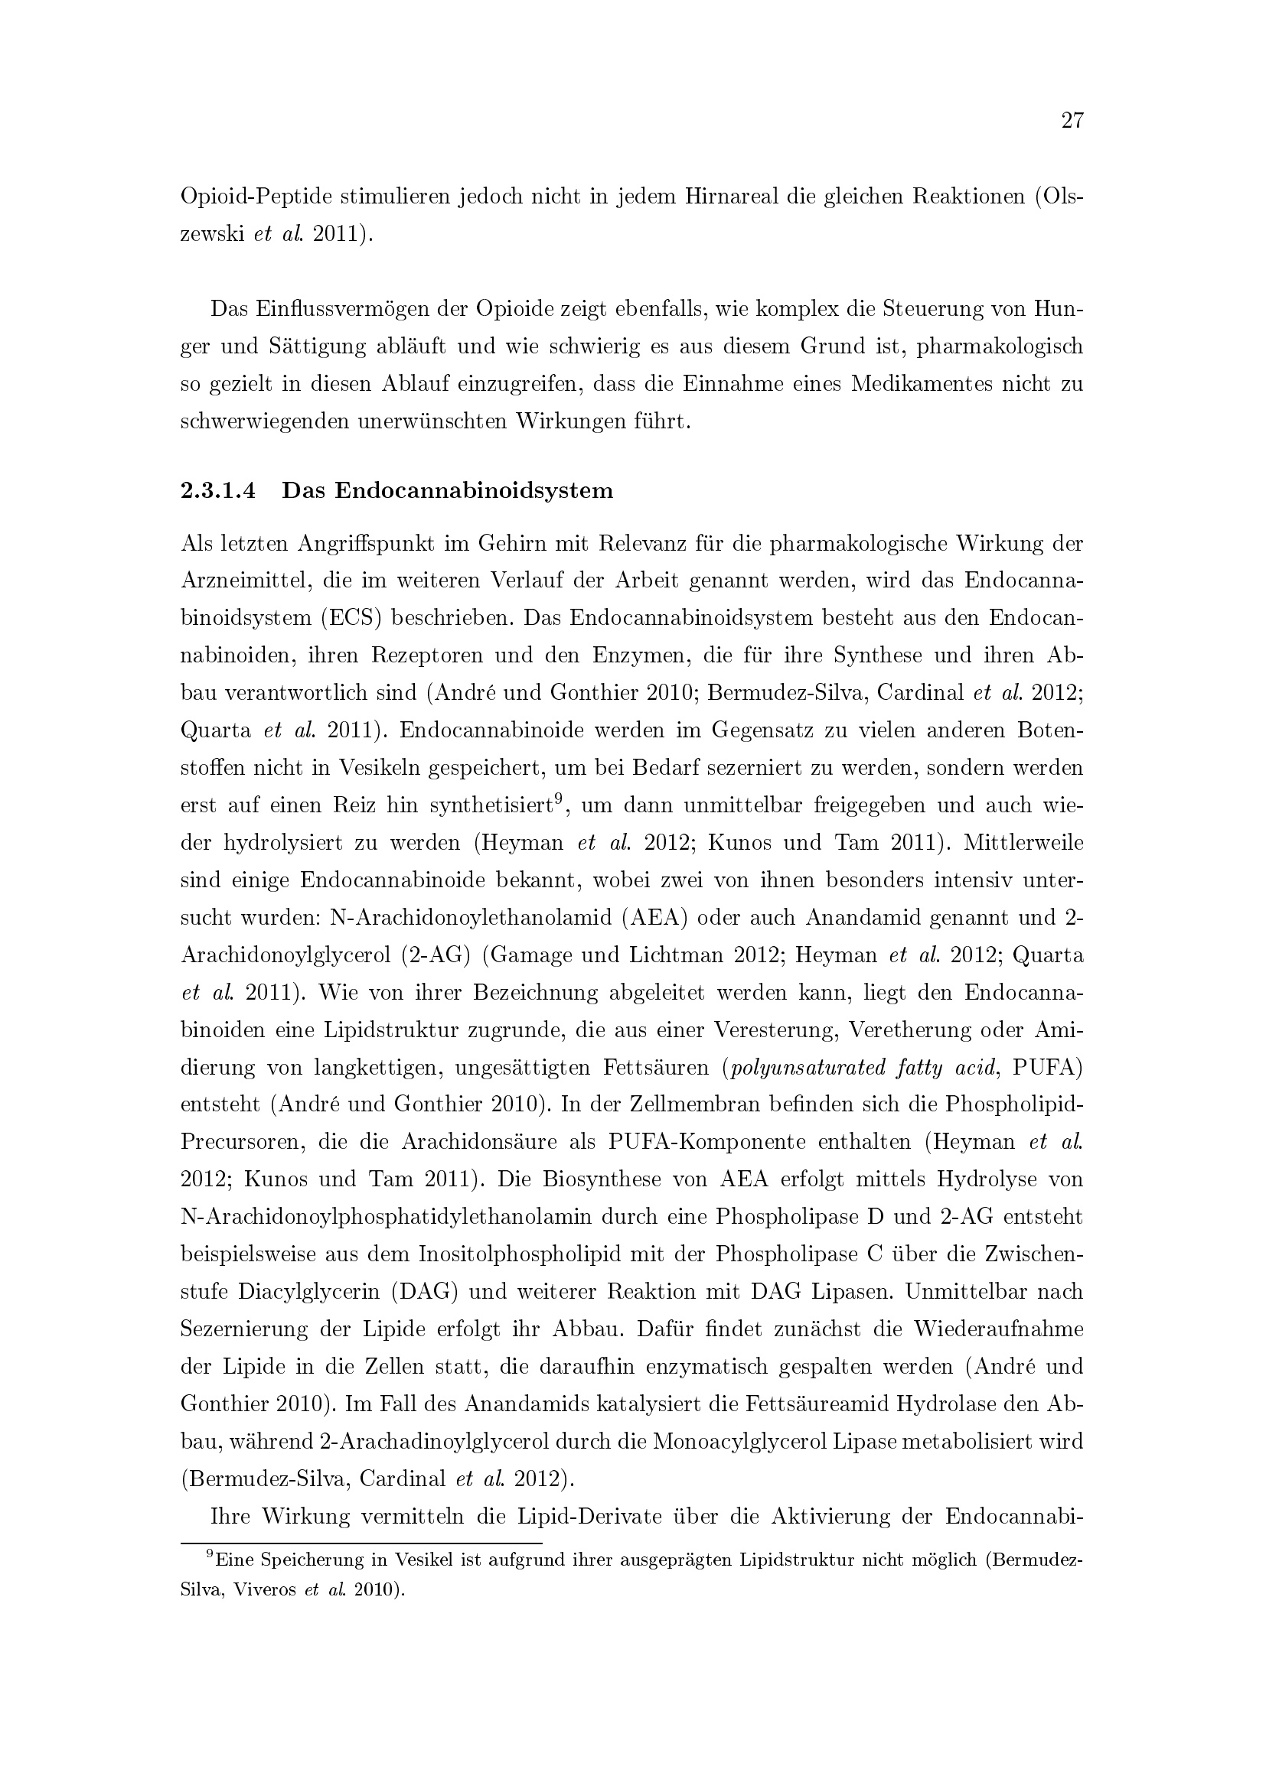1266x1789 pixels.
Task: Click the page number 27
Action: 1072,121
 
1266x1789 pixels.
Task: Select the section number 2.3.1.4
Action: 218,491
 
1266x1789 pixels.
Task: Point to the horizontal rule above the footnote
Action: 361,1543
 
